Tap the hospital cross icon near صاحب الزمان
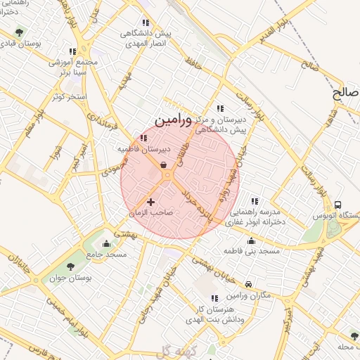(x=150, y=202)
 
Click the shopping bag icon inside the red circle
(x=164, y=166)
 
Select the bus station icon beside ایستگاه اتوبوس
(x=338, y=205)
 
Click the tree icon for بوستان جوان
(x=70, y=265)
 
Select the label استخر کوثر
(x=68, y=96)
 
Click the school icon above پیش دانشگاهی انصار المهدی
(x=145, y=23)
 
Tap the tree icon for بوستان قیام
(x=19, y=32)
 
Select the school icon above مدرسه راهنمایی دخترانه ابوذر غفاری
(x=254, y=201)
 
